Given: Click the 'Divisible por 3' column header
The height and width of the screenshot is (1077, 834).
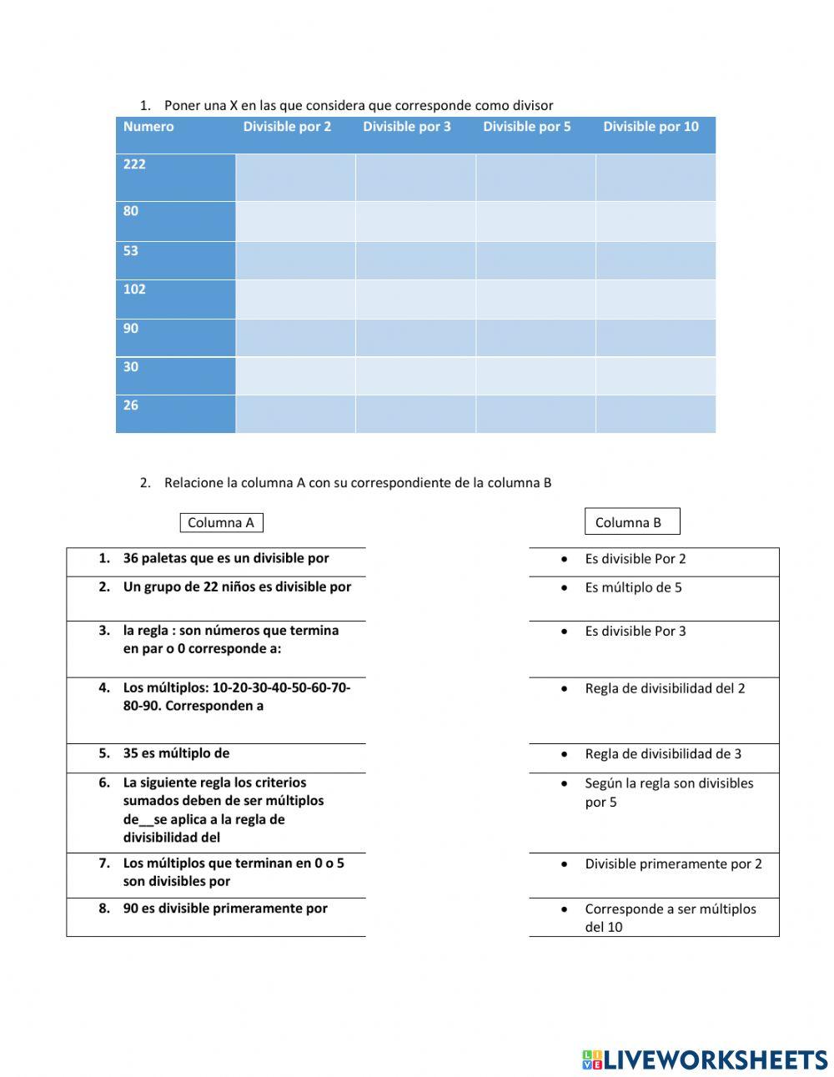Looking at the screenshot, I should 407,127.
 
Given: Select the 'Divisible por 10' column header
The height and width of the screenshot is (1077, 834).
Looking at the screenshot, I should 651,127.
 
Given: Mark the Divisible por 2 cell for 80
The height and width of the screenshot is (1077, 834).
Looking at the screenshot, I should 295,221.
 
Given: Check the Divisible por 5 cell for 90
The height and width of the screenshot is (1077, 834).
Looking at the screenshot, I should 535,337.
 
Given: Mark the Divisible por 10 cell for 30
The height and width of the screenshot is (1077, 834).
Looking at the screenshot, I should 656,375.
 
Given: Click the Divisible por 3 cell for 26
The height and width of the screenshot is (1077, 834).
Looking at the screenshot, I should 415,414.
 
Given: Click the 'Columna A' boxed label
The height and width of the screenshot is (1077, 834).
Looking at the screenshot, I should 221,523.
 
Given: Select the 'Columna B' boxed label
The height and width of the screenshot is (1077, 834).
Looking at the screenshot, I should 631,522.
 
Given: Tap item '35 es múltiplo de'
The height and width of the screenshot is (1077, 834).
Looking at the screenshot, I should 176,753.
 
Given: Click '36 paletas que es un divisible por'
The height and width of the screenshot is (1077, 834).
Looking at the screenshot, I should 225,559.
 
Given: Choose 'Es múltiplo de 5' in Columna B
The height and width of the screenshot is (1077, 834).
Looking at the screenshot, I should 633,588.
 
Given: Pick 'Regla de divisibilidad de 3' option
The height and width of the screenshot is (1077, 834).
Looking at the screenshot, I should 662,754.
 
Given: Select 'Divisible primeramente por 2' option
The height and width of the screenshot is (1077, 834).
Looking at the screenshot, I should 673,864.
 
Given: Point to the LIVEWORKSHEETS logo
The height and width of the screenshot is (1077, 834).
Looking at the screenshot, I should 705,1059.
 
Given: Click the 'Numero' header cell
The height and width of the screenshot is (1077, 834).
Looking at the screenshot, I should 148,127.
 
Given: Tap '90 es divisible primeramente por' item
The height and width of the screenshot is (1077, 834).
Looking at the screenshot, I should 225,908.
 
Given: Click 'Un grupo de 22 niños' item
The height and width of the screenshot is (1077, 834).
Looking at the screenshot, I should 237,587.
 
